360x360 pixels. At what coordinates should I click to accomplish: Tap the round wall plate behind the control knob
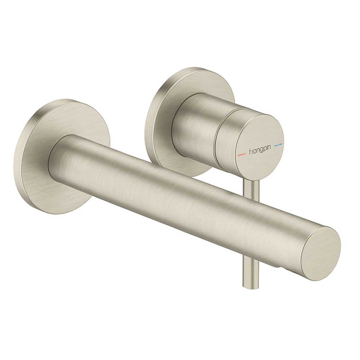[162, 108]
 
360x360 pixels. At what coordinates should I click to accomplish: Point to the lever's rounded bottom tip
[247, 286]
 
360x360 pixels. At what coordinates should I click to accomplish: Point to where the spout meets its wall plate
[54, 155]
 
